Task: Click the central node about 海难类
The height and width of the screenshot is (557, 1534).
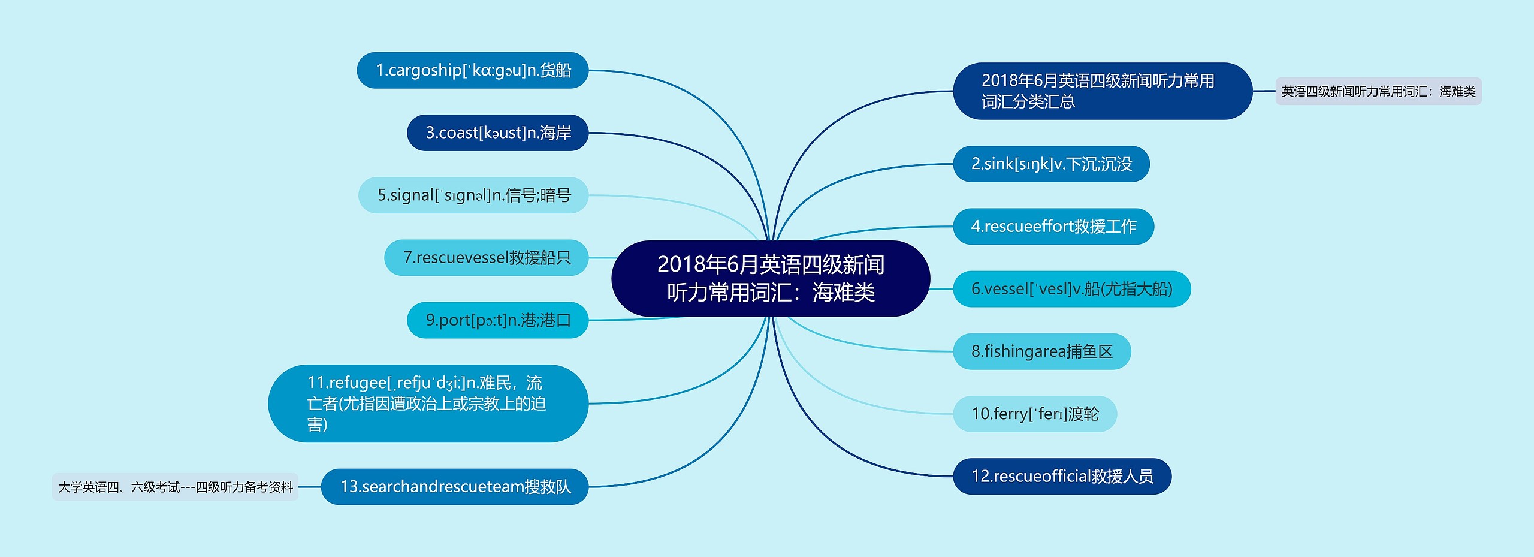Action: click(x=771, y=278)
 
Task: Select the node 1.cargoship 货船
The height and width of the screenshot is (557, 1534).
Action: click(x=473, y=70)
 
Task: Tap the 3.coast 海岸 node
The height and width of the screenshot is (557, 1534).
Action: click(x=498, y=133)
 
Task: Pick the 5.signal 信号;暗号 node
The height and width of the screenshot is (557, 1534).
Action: click(x=473, y=195)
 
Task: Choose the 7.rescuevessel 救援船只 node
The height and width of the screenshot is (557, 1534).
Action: click(x=487, y=258)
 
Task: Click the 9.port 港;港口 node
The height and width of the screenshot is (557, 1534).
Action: click(x=498, y=320)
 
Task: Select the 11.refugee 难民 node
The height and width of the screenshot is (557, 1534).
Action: click(x=428, y=404)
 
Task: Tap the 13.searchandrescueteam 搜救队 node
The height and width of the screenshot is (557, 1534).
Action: click(x=455, y=487)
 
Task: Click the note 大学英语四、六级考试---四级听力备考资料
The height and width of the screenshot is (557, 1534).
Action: click(x=175, y=487)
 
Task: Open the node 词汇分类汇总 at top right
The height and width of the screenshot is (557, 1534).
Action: click(x=1103, y=91)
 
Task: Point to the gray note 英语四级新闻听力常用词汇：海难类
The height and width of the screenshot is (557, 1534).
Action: click(x=1378, y=91)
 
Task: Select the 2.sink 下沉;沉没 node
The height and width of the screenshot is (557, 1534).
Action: click(x=1052, y=164)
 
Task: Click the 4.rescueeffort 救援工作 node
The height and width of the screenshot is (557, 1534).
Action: click(x=1053, y=227)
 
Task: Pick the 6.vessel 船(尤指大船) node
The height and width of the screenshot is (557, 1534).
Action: click(x=1072, y=289)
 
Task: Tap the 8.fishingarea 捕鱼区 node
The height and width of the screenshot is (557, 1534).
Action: click(x=1042, y=351)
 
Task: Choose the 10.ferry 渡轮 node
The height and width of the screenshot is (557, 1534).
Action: click(x=1035, y=414)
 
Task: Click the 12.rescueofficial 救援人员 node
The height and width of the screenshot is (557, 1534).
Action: click(x=1062, y=476)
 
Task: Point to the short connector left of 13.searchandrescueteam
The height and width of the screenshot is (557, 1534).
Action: click(x=310, y=487)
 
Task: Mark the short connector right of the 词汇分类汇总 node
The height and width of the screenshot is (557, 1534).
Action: click(x=1264, y=91)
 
